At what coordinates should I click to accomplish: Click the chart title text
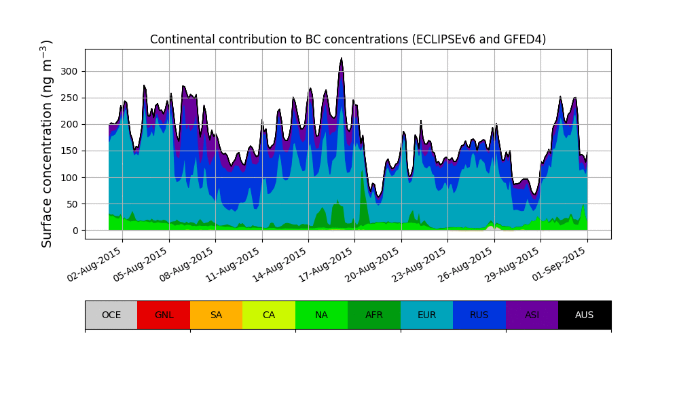(x=348, y=39)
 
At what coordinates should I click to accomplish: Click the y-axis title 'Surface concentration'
(x=47, y=143)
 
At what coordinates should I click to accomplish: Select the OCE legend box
(x=111, y=315)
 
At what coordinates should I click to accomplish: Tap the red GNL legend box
(x=164, y=315)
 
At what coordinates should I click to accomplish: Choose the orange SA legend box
(x=216, y=315)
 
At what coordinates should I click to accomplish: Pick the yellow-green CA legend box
(x=269, y=315)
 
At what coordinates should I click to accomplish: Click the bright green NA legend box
(x=321, y=315)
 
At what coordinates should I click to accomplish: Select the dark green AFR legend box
(x=374, y=315)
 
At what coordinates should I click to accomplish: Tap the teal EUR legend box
(x=426, y=315)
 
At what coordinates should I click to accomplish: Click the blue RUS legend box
(x=479, y=315)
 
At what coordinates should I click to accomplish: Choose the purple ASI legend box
(x=532, y=315)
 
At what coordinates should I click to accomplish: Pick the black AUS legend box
(x=585, y=315)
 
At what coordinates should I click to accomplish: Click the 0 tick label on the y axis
(x=76, y=231)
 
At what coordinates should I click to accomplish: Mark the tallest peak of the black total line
(x=342, y=58)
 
